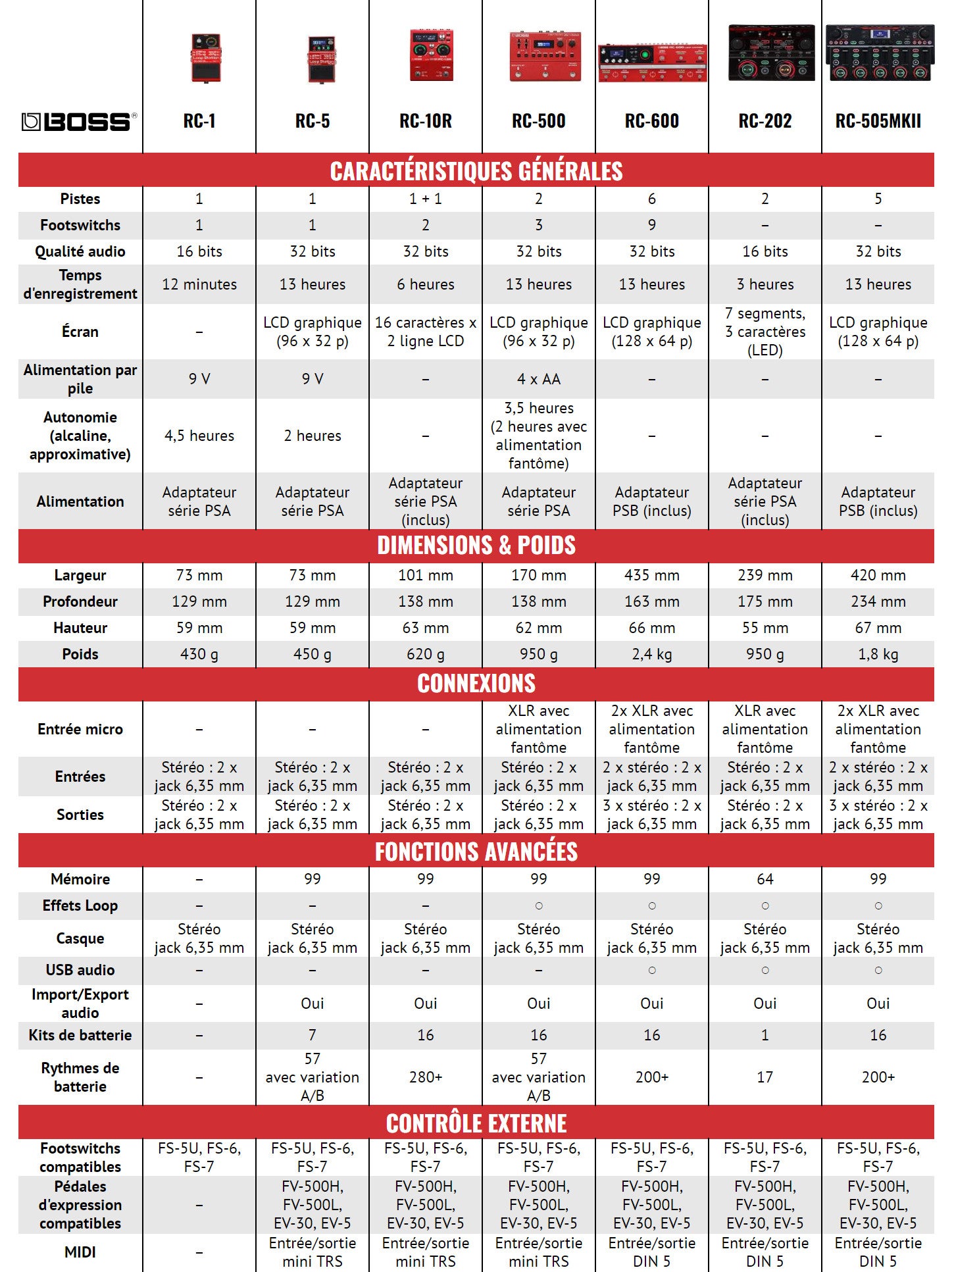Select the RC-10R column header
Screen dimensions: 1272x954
(426, 121)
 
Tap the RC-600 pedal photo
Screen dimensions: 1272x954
(652, 62)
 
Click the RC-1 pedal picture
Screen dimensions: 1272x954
(205, 58)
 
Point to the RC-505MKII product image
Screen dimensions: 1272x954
(879, 53)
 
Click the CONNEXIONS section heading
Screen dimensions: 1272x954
(476, 684)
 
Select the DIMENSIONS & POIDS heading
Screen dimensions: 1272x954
(476, 546)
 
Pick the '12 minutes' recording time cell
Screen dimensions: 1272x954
(199, 284)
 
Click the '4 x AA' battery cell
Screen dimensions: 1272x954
(539, 379)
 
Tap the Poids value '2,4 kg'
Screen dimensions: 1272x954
(652, 654)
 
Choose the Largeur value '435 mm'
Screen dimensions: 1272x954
(652, 575)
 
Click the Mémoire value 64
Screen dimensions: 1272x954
(765, 879)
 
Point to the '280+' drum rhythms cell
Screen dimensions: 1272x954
(426, 1077)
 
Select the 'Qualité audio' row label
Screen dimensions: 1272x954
(80, 251)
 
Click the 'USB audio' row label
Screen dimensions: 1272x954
(80, 970)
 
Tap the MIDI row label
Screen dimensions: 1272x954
(80, 1252)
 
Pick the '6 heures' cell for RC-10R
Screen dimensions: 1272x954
(426, 284)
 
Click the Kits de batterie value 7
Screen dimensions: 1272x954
(313, 1035)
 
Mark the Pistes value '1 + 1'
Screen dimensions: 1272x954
(426, 199)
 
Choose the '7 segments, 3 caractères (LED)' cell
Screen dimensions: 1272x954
(765, 332)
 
